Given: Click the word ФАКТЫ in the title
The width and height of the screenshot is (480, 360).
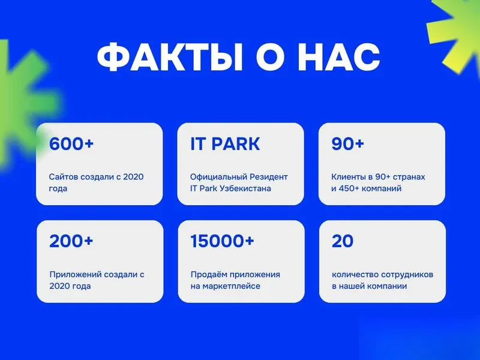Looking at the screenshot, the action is [170, 57].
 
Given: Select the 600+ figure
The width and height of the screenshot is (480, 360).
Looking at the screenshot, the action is [71, 143].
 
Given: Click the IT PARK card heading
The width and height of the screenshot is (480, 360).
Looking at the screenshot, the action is [225, 143].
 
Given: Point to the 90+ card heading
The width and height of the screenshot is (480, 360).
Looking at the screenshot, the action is [348, 143].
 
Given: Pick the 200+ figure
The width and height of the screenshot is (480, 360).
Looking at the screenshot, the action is [71, 241].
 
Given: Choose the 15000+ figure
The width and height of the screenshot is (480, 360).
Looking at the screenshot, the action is [222, 241].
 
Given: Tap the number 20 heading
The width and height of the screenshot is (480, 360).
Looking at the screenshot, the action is [343, 241].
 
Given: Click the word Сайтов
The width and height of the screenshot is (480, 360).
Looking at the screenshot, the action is [61, 177].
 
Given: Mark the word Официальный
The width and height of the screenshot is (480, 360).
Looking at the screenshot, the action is [218, 177].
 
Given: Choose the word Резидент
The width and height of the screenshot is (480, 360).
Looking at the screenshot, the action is [269, 177].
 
